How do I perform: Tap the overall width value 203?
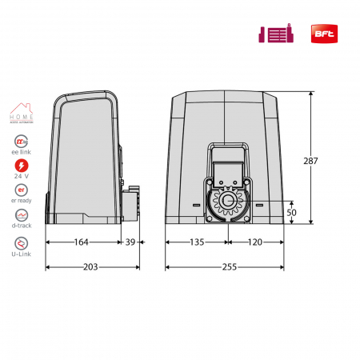90,266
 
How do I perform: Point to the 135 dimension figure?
197,242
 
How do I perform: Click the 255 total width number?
227,266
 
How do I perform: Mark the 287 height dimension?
311,161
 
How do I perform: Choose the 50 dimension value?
291,213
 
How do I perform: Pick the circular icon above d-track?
22,216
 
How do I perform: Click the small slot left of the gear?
196,205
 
